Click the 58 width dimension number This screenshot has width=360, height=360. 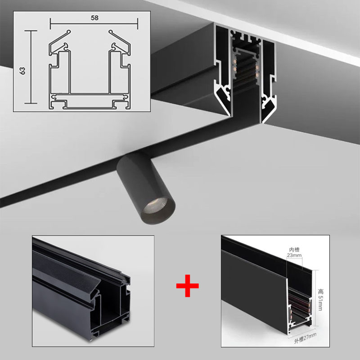(x=94, y=18)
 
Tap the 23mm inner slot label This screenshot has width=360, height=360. (x=293, y=256)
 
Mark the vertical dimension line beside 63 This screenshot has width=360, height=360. (x=31, y=67)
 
